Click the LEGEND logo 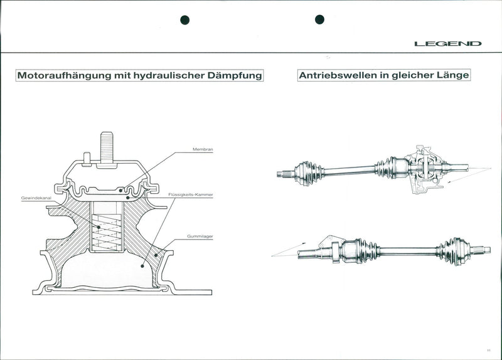click(x=448, y=43)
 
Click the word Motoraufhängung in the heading click(x=64, y=75)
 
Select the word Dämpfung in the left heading click(x=235, y=75)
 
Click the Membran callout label click(x=203, y=149)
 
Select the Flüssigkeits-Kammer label click(x=191, y=194)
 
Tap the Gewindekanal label click(x=36, y=198)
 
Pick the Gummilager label click(x=200, y=236)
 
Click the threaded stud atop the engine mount click(x=107, y=148)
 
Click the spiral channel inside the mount click(x=107, y=231)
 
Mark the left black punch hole click(x=184, y=20)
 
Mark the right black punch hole click(x=319, y=19)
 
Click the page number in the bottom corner click(x=489, y=351)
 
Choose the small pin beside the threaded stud click(x=87, y=159)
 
